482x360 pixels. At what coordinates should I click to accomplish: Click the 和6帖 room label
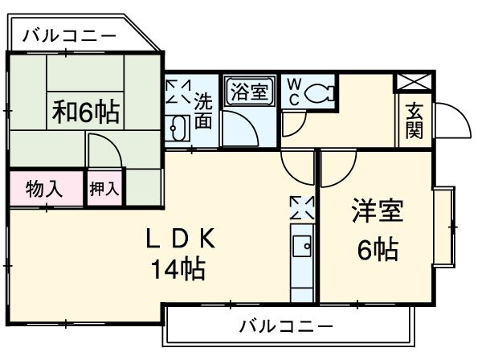86,112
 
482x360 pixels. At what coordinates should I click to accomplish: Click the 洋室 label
376,214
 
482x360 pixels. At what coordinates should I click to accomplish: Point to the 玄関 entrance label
414,121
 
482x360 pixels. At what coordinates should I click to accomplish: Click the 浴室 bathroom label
249,89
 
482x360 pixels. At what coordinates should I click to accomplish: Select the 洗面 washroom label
204,111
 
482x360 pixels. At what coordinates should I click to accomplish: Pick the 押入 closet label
104,190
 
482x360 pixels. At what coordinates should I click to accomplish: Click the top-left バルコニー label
68,35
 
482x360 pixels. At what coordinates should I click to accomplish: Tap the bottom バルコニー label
286,326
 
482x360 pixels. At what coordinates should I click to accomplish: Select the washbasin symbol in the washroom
178,127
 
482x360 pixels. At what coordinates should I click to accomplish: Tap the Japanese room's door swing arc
103,149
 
